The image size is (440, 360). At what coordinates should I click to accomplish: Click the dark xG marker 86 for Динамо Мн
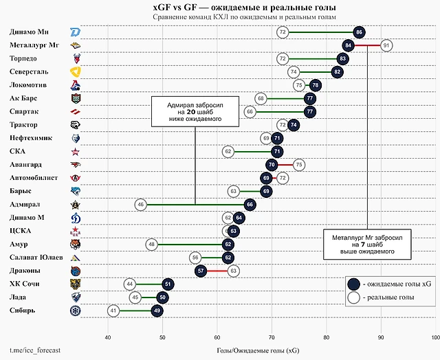pos(359,32)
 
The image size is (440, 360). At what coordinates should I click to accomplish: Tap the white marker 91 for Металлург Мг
pos(386,45)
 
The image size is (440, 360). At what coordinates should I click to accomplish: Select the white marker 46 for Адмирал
pos(140,204)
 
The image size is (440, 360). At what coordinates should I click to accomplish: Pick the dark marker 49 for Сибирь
pos(157,311)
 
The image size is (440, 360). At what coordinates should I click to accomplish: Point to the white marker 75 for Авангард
pos(298,165)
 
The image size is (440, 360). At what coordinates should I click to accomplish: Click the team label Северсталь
pos(30,71)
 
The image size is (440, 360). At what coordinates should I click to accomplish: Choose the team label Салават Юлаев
pos(36,257)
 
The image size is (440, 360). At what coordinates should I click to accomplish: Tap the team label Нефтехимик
pos(32,138)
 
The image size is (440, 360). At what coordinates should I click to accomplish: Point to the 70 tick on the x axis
pos(272,337)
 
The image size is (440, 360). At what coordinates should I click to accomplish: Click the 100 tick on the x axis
pos(434,337)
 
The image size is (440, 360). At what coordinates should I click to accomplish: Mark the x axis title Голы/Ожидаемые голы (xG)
pos(258,350)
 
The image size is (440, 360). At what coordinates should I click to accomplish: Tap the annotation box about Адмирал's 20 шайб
pos(195,111)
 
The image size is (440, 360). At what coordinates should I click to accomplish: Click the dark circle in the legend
pos(355,284)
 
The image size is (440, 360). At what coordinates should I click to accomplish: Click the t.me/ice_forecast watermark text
pos(35,350)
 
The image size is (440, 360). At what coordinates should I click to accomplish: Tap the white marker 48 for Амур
pos(151,244)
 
